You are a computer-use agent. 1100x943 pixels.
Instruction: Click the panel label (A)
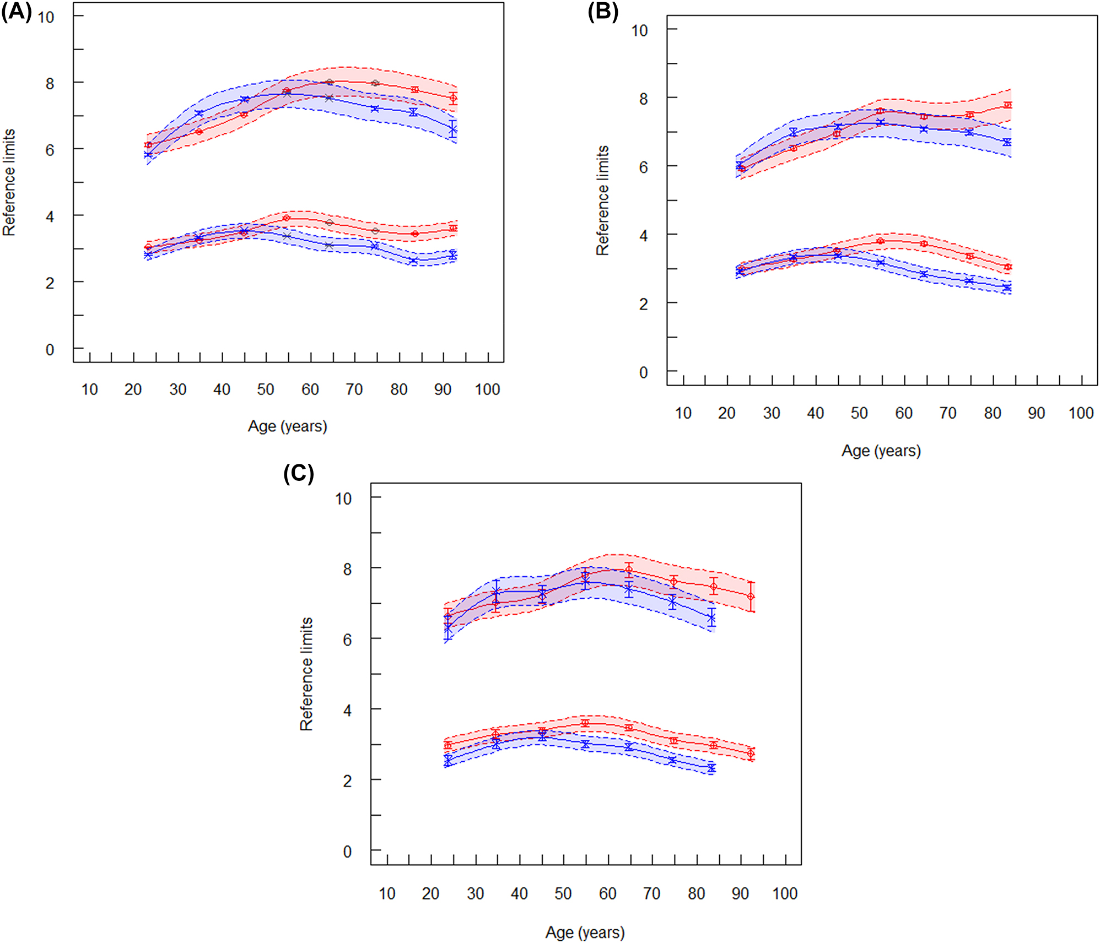(x=17, y=11)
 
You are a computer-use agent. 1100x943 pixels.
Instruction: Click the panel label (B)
(x=603, y=12)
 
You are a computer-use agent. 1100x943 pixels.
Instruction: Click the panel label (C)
(x=298, y=474)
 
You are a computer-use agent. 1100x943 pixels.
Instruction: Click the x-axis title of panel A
(x=287, y=426)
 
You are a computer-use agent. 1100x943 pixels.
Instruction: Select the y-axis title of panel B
(x=602, y=200)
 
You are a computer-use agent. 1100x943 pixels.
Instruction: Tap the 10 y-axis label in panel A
(x=46, y=17)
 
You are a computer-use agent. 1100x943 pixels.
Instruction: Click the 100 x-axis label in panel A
(x=487, y=389)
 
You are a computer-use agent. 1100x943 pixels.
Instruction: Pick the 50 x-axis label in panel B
(x=859, y=413)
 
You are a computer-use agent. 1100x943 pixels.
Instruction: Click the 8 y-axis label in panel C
(x=347, y=569)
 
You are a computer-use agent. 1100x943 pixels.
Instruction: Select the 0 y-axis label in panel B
(x=643, y=372)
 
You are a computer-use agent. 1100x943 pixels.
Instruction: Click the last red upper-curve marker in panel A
(x=453, y=99)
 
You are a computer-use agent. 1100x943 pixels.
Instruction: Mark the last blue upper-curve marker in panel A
(x=452, y=130)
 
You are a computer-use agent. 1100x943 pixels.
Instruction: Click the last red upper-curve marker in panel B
(x=1007, y=105)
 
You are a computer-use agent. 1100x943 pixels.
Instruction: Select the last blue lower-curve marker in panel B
(x=1007, y=288)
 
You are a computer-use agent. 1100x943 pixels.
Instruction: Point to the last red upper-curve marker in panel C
(x=751, y=597)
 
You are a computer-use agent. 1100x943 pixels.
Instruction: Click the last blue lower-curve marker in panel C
(x=711, y=768)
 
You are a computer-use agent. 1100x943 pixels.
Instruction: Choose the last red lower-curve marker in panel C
(x=751, y=753)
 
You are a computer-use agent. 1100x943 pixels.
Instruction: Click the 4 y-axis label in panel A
(x=50, y=216)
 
